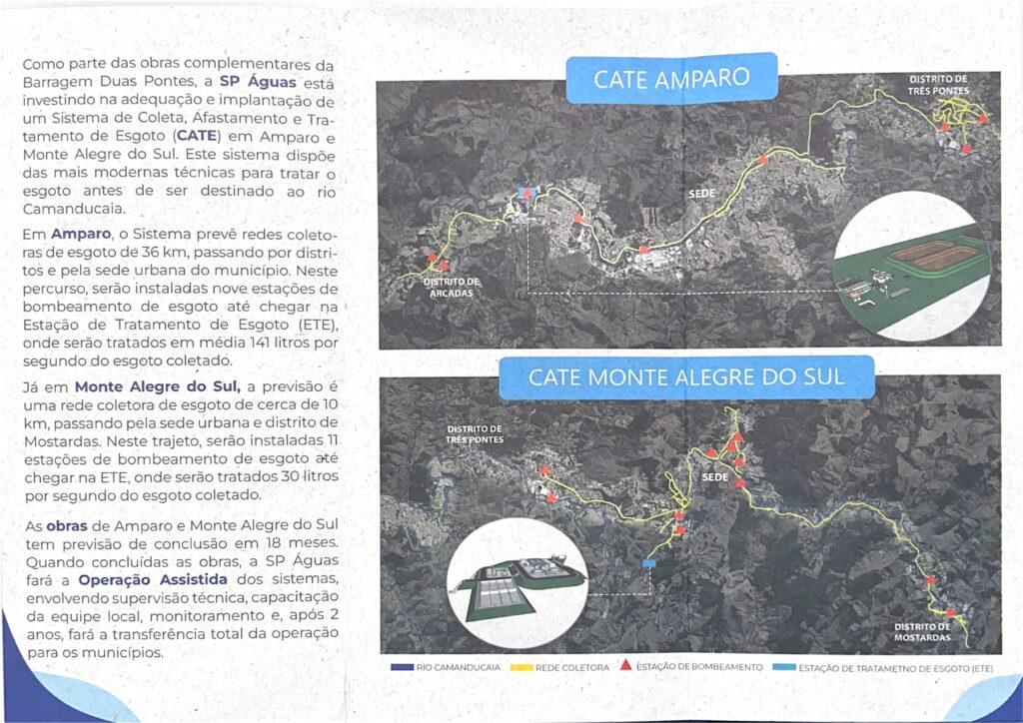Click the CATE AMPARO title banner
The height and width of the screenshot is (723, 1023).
pos(671,79)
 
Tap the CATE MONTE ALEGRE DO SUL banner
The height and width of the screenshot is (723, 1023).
pos(686,377)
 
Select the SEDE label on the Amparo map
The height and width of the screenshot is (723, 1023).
pos(698,191)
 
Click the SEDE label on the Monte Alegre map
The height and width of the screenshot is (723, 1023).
pos(714,478)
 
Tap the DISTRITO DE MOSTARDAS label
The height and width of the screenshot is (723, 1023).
pos(922,631)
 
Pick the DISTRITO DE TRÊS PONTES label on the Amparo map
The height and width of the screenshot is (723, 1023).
pos(938,84)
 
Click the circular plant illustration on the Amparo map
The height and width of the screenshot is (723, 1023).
pos(916,267)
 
